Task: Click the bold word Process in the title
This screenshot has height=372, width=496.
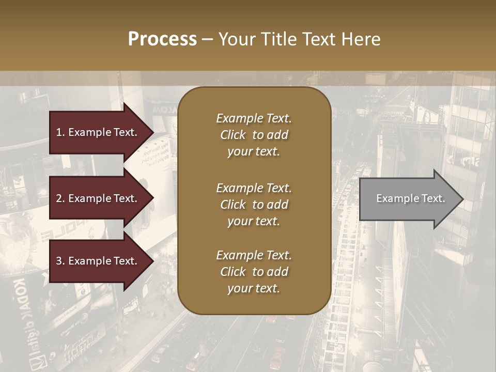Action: (x=162, y=39)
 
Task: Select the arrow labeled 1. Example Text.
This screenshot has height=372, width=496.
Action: (x=98, y=132)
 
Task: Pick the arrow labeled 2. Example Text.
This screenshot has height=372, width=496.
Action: (x=98, y=198)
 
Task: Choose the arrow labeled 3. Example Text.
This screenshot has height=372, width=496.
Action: (x=98, y=261)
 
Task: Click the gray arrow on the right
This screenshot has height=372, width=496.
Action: (x=408, y=199)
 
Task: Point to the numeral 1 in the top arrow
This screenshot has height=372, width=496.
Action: (x=59, y=132)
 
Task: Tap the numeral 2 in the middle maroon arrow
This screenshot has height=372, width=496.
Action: (x=59, y=198)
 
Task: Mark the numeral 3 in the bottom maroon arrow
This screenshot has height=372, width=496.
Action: (x=59, y=261)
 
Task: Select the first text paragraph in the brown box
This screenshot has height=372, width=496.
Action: (x=254, y=135)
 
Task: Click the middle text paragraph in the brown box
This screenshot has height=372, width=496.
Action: (x=254, y=205)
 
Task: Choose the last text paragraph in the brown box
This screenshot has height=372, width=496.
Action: (x=254, y=272)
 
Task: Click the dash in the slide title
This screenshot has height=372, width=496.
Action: (x=207, y=39)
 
